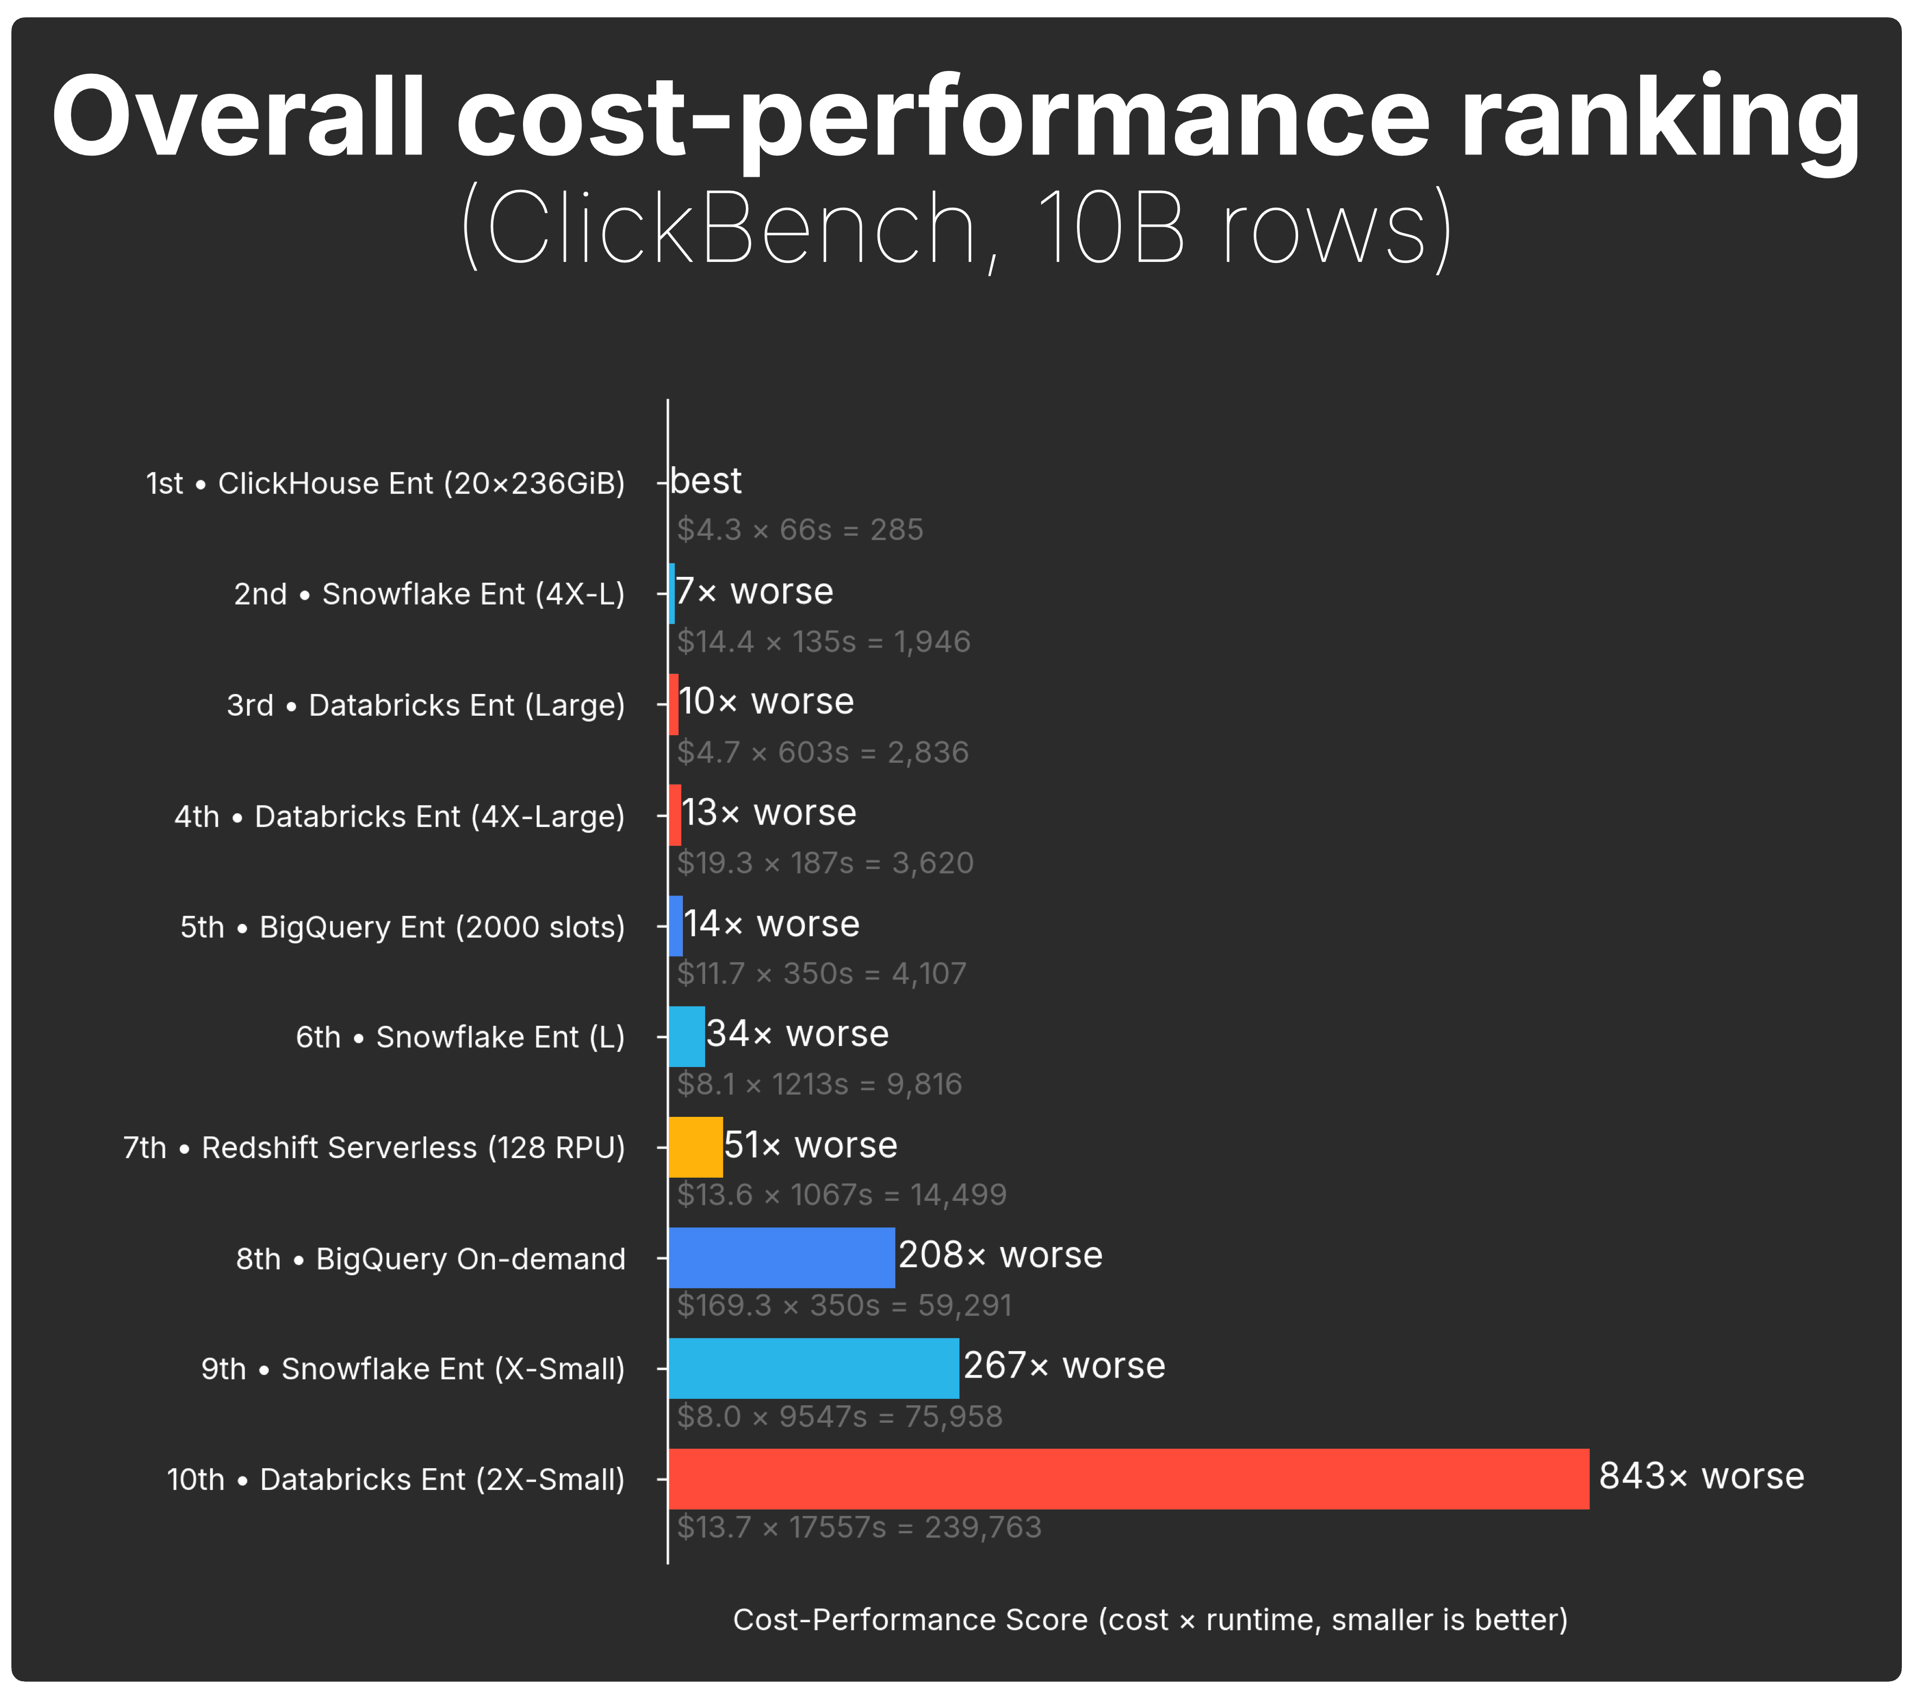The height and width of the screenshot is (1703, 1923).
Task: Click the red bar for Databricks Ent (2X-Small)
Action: tap(1128, 1479)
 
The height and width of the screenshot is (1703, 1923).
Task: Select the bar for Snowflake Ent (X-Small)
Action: tap(814, 1368)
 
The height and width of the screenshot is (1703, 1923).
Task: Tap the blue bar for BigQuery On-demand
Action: tap(781, 1258)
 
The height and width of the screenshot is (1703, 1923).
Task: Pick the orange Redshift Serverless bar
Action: tap(695, 1147)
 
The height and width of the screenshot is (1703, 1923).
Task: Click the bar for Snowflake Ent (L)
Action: tap(686, 1036)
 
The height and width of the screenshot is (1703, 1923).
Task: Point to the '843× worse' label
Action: tap(1701, 1476)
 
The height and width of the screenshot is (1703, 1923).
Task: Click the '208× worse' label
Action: tap(1000, 1255)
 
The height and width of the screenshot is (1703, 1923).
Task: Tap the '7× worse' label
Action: tap(754, 592)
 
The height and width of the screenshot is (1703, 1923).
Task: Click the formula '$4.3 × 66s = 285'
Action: tap(799, 530)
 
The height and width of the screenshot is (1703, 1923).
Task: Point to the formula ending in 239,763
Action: tap(859, 1527)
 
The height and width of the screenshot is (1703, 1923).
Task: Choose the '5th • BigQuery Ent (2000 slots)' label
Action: tap(403, 927)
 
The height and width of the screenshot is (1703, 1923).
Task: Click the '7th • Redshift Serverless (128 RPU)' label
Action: tap(373, 1148)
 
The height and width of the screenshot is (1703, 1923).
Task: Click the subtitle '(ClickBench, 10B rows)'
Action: tap(957, 229)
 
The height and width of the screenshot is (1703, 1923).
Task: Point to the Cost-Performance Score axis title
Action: tap(1150, 1620)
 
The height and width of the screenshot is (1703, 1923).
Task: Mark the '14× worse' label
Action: tap(771, 924)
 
